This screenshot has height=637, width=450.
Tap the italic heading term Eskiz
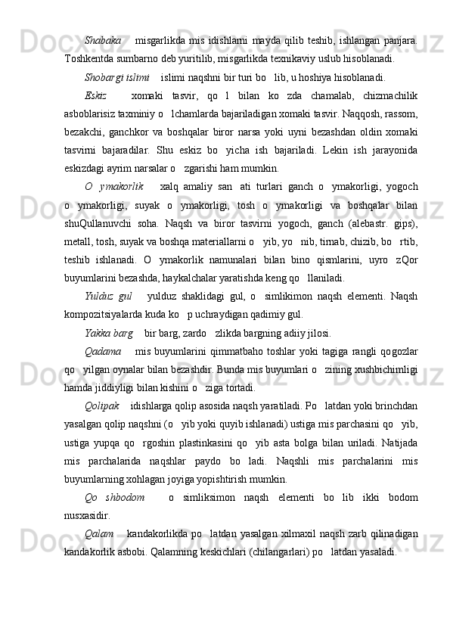[x=97, y=95]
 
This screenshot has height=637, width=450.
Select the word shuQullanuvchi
[x=102, y=222]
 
